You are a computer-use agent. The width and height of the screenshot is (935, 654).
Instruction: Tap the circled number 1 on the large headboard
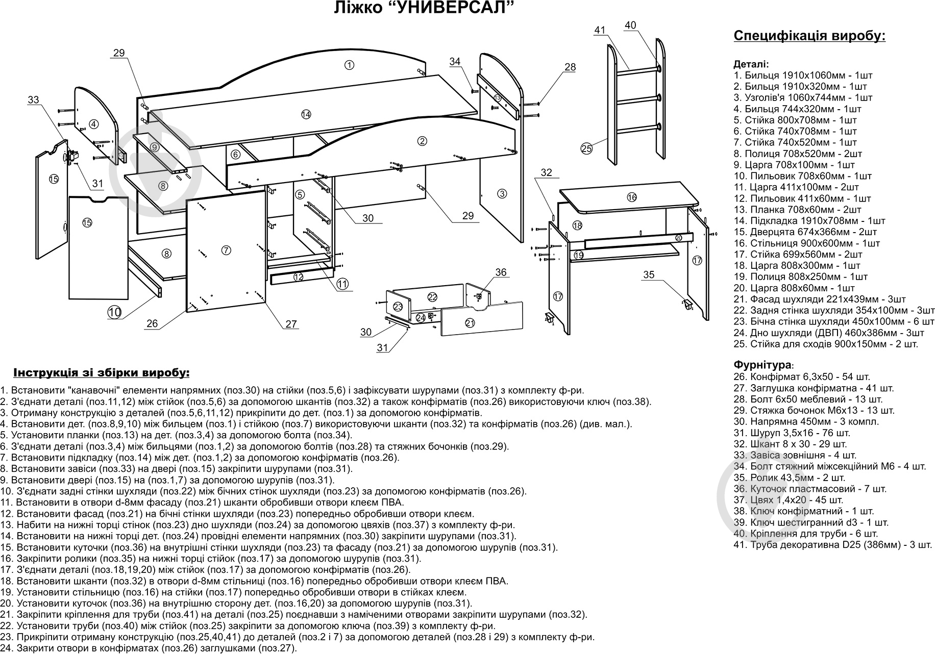click(x=349, y=65)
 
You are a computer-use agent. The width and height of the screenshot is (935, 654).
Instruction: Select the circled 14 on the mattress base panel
click(x=306, y=115)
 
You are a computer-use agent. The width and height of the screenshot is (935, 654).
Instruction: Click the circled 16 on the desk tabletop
click(x=632, y=197)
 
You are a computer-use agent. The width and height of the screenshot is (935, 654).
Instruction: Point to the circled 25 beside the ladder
click(x=586, y=149)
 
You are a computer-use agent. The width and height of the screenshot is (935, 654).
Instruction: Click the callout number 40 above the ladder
click(x=630, y=25)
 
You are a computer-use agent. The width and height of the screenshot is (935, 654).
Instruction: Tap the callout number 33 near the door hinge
click(x=33, y=100)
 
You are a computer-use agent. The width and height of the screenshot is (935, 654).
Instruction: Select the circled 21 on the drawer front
click(x=470, y=322)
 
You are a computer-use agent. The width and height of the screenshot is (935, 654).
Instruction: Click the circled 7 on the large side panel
click(x=227, y=250)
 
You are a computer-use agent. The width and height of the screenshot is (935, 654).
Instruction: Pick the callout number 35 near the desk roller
click(x=648, y=275)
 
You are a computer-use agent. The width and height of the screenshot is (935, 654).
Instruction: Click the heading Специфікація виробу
click(x=809, y=36)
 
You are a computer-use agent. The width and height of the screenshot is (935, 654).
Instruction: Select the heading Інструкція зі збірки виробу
click(x=101, y=373)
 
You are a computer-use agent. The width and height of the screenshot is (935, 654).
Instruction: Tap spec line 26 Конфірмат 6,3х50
click(x=801, y=377)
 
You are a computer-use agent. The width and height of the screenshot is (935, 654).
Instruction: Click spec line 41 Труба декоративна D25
click(x=832, y=545)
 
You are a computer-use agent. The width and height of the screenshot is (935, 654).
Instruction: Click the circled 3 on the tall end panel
click(x=502, y=194)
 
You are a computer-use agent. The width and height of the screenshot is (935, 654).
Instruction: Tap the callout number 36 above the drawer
click(x=501, y=272)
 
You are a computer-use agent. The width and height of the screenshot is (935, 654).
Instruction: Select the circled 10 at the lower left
click(x=114, y=312)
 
